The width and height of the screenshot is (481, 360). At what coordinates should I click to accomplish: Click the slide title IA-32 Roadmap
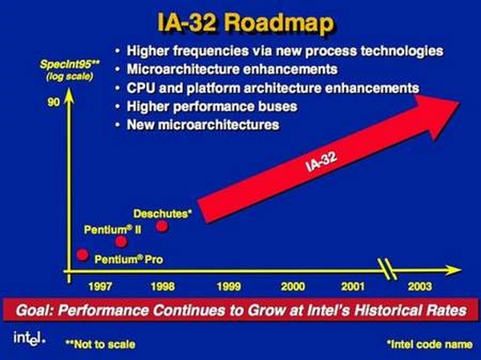click(245, 23)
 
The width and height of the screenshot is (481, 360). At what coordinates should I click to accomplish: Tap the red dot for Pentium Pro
click(83, 254)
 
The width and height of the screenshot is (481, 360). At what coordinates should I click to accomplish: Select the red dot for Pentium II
click(121, 242)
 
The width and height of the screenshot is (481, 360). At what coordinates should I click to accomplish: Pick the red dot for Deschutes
click(162, 226)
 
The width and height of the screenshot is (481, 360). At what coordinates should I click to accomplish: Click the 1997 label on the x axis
click(100, 287)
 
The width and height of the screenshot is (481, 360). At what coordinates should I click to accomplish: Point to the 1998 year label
click(163, 287)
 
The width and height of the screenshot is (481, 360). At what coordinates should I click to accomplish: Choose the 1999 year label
click(228, 287)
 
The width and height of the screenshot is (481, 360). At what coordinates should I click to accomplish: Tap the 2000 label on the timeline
click(293, 287)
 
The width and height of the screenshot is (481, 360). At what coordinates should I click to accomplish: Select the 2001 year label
click(353, 287)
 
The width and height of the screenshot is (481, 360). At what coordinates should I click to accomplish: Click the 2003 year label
click(419, 287)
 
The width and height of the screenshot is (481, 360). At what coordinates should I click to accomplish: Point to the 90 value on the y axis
click(54, 102)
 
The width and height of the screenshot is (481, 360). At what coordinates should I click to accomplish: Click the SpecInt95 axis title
click(70, 65)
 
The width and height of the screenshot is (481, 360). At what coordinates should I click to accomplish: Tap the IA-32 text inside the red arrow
click(321, 161)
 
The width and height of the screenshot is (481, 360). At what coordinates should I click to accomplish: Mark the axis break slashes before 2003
click(387, 269)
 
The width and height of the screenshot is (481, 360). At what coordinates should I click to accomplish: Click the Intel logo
click(30, 338)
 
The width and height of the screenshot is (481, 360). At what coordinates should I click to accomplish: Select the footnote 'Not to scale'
click(101, 344)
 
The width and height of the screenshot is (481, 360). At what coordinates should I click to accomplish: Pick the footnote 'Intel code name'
click(430, 344)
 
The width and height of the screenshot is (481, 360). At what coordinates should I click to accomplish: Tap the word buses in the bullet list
click(278, 107)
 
